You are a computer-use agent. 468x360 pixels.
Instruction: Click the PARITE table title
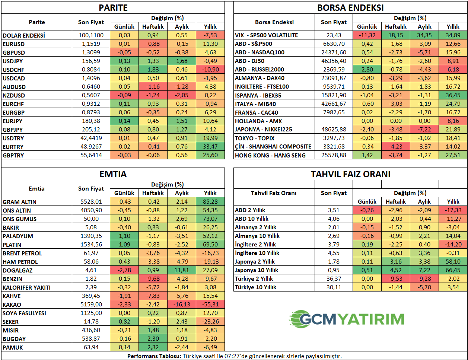pyautogui.click(x=113, y=8)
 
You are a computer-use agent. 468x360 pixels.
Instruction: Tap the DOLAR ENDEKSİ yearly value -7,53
pyautogui.click(x=210, y=35)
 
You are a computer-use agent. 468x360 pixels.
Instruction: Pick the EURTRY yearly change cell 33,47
pyautogui.click(x=210, y=147)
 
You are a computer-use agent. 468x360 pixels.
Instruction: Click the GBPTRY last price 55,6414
pyautogui.click(x=91, y=155)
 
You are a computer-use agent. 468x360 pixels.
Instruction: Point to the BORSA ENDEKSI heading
pyautogui.click(x=350, y=8)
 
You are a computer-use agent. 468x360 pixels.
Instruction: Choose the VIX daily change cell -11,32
pyautogui.click(x=367, y=35)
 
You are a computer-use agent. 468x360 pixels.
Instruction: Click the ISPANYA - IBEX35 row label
pyautogui.click(x=258, y=95)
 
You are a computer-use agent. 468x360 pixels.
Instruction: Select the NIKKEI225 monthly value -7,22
pyautogui.click(x=424, y=130)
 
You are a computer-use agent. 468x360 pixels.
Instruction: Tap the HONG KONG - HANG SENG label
pyautogui.click(x=270, y=155)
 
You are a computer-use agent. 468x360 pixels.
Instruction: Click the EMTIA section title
pyautogui.click(x=113, y=174)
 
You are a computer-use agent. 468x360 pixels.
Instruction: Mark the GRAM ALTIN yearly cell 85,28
pyautogui.click(x=210, y=202)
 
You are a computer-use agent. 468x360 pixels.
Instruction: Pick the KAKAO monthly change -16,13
pyautogui.click(x=182, y=305)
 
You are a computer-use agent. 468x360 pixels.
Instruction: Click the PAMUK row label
pyautogui.click(x=13, y=347)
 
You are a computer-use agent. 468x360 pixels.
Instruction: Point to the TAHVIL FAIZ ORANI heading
pyautogui.click(x=350, y=174)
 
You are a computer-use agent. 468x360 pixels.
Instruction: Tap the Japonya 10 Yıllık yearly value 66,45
pyautogui.click(x=453, y=270)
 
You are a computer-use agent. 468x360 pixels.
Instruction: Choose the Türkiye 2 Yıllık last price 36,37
pyautogui.click(x=334, y=279)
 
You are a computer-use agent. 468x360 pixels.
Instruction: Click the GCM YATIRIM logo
pyautogui.click(x=346, y=319)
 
